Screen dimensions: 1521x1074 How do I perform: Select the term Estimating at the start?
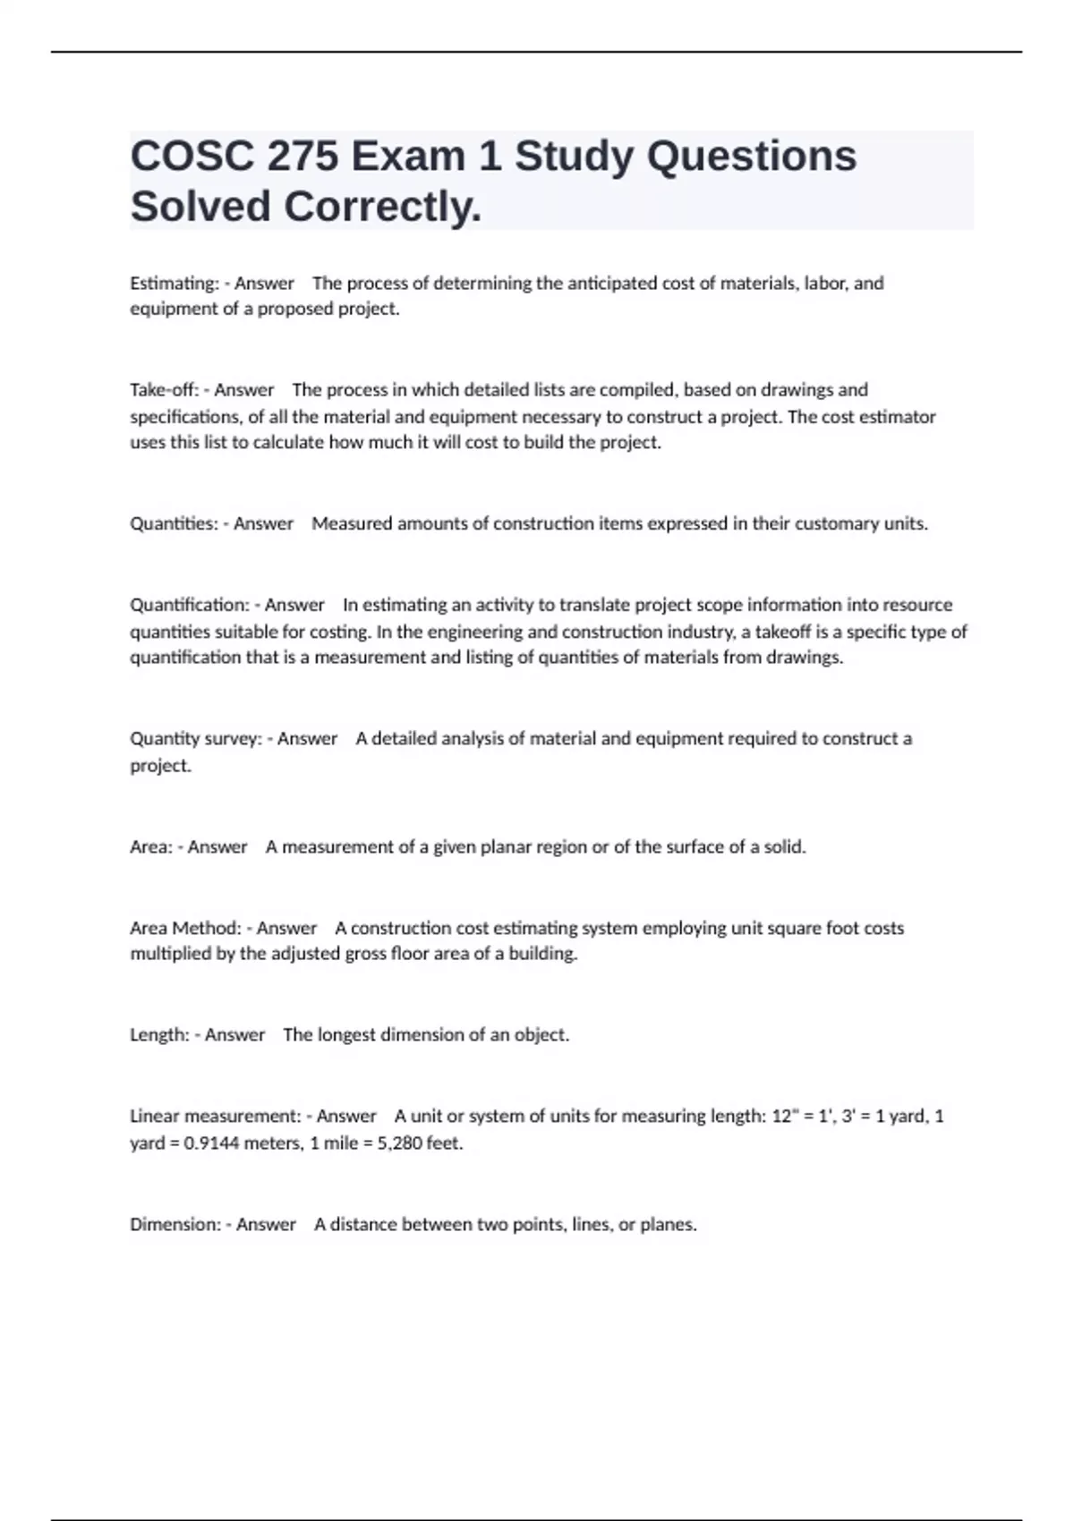pos(174,284)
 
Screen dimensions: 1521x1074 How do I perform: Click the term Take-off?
pos(164,390)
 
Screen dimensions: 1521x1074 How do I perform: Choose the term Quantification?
pos(189,605)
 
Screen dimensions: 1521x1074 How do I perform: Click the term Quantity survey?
pos(195,739)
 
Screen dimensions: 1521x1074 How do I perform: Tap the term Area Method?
pos(185,928)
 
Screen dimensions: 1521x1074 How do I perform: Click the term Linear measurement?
pos(215,1117)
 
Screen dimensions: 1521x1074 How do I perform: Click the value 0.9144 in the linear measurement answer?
pos(211,1143)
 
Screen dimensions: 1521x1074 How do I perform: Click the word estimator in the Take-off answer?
pos(897,417)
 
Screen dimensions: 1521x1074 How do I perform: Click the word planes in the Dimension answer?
pos(667,1224)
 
